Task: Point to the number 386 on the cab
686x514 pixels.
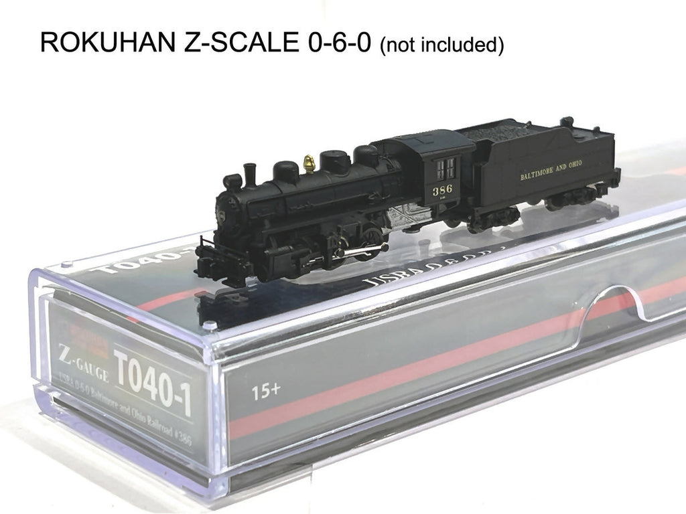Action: click(x=442, y=189)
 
